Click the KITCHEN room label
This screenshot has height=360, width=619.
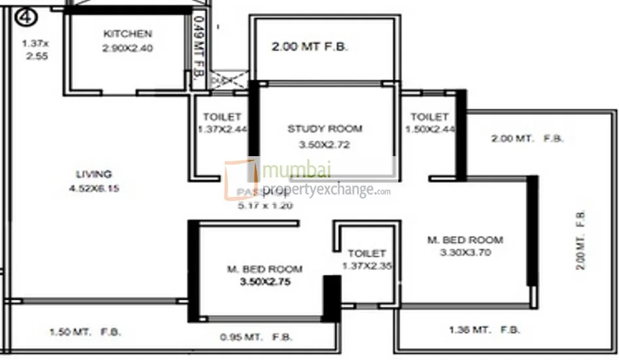coord(127,33)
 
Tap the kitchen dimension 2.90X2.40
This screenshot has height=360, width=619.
coord(128,48)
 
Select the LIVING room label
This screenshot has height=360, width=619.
coord(94,174)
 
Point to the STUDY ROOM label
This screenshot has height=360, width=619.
coord(325,129)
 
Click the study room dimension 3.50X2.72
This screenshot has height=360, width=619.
coord(325,144)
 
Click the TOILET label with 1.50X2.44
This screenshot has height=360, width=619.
coord(429,117)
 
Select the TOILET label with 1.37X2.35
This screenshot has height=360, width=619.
coord(366,253)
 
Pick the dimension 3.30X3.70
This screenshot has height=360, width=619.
coord(465,252)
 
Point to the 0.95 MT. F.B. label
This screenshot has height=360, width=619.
coord(255,338)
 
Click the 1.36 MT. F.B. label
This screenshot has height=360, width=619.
coord(484,330)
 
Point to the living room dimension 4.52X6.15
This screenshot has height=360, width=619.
coord(94,189)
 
